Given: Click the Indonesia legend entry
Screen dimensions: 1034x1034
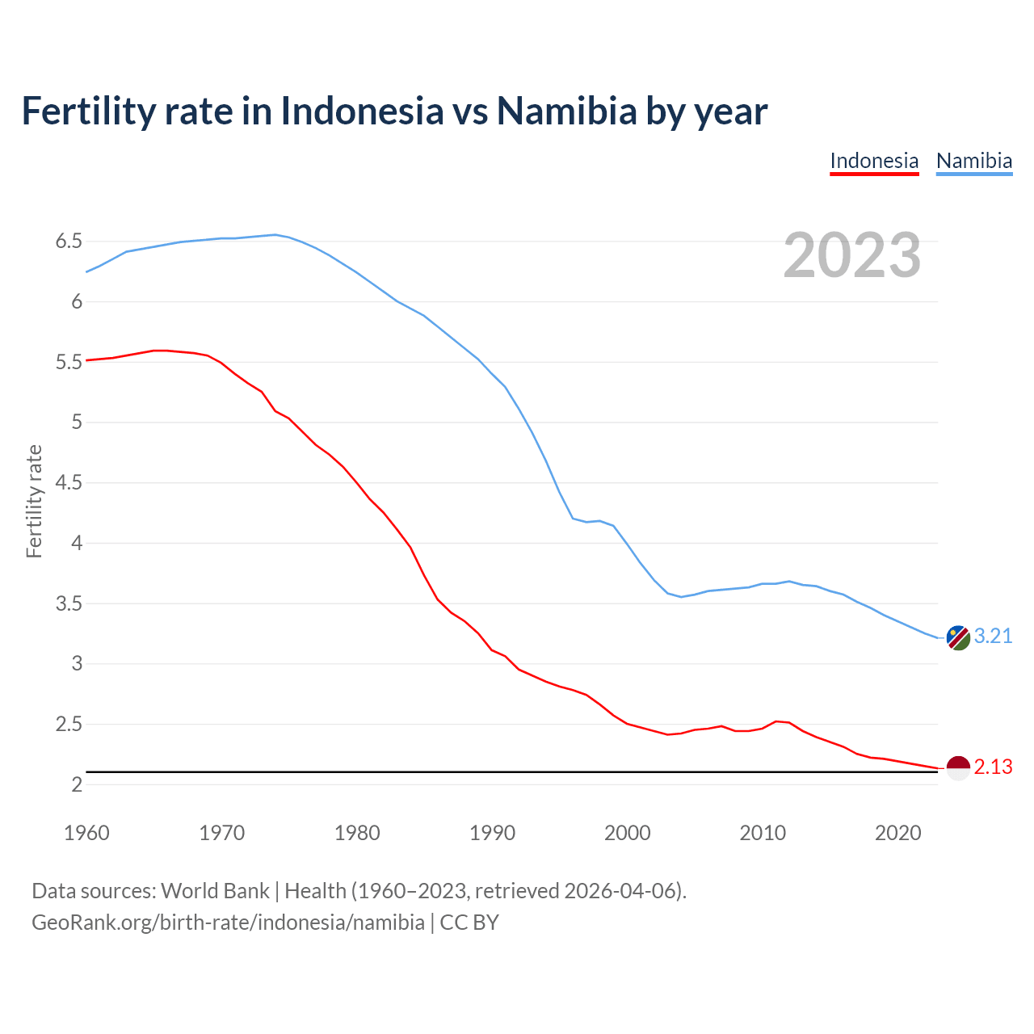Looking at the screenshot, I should pyautogui.click(x=874, y=161).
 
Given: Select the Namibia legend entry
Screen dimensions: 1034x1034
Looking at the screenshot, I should pyautogui.click(x=973, y=161).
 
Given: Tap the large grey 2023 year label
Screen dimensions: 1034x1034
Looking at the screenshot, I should pyautogui.click(x=851, y=255).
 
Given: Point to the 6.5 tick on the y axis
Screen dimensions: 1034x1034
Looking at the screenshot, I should pyautogui.click(x=69, y=242).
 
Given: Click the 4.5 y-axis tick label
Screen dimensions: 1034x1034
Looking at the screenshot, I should pyautogui.click(x=69, y=483).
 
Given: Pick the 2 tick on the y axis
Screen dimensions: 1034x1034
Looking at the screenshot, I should pyautogui.click(x=77, y=785).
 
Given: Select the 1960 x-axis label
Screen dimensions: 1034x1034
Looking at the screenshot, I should pyautogui.click(x=86, y=833).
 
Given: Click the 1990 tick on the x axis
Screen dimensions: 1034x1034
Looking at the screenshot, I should pyautogui.click(x=492, y=833).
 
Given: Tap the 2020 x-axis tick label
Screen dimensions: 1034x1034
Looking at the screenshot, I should pyautogui.click(x=897, y=833).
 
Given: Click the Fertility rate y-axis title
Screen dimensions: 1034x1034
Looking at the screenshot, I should pyautogui.click(x=34, y=501).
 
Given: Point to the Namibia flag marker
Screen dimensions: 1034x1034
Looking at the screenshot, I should pyautogui.click(x=957, y=637).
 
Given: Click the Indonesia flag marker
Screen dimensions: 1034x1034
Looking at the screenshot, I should pyautogui.click(x=957, y=767).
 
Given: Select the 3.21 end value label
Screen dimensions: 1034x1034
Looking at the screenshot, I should pyautogui.click(x=993, y=637).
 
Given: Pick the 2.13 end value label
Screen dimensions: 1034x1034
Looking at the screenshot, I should pyautogui.click(x=993, y=767).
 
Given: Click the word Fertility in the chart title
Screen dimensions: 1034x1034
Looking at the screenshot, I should pyautogui.click(x=86, y=111).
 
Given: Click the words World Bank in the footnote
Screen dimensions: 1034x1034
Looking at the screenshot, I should pyautogui.click(x=215, y=891).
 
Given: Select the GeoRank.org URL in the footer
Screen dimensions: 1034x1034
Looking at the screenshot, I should pyautogui.click(x=228, y=923).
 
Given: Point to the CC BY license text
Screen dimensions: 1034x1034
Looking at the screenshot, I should pyautogui.click(x=469, y=923).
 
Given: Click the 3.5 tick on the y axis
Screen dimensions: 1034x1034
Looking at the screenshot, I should pyautogui.click(x=69, y=604).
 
